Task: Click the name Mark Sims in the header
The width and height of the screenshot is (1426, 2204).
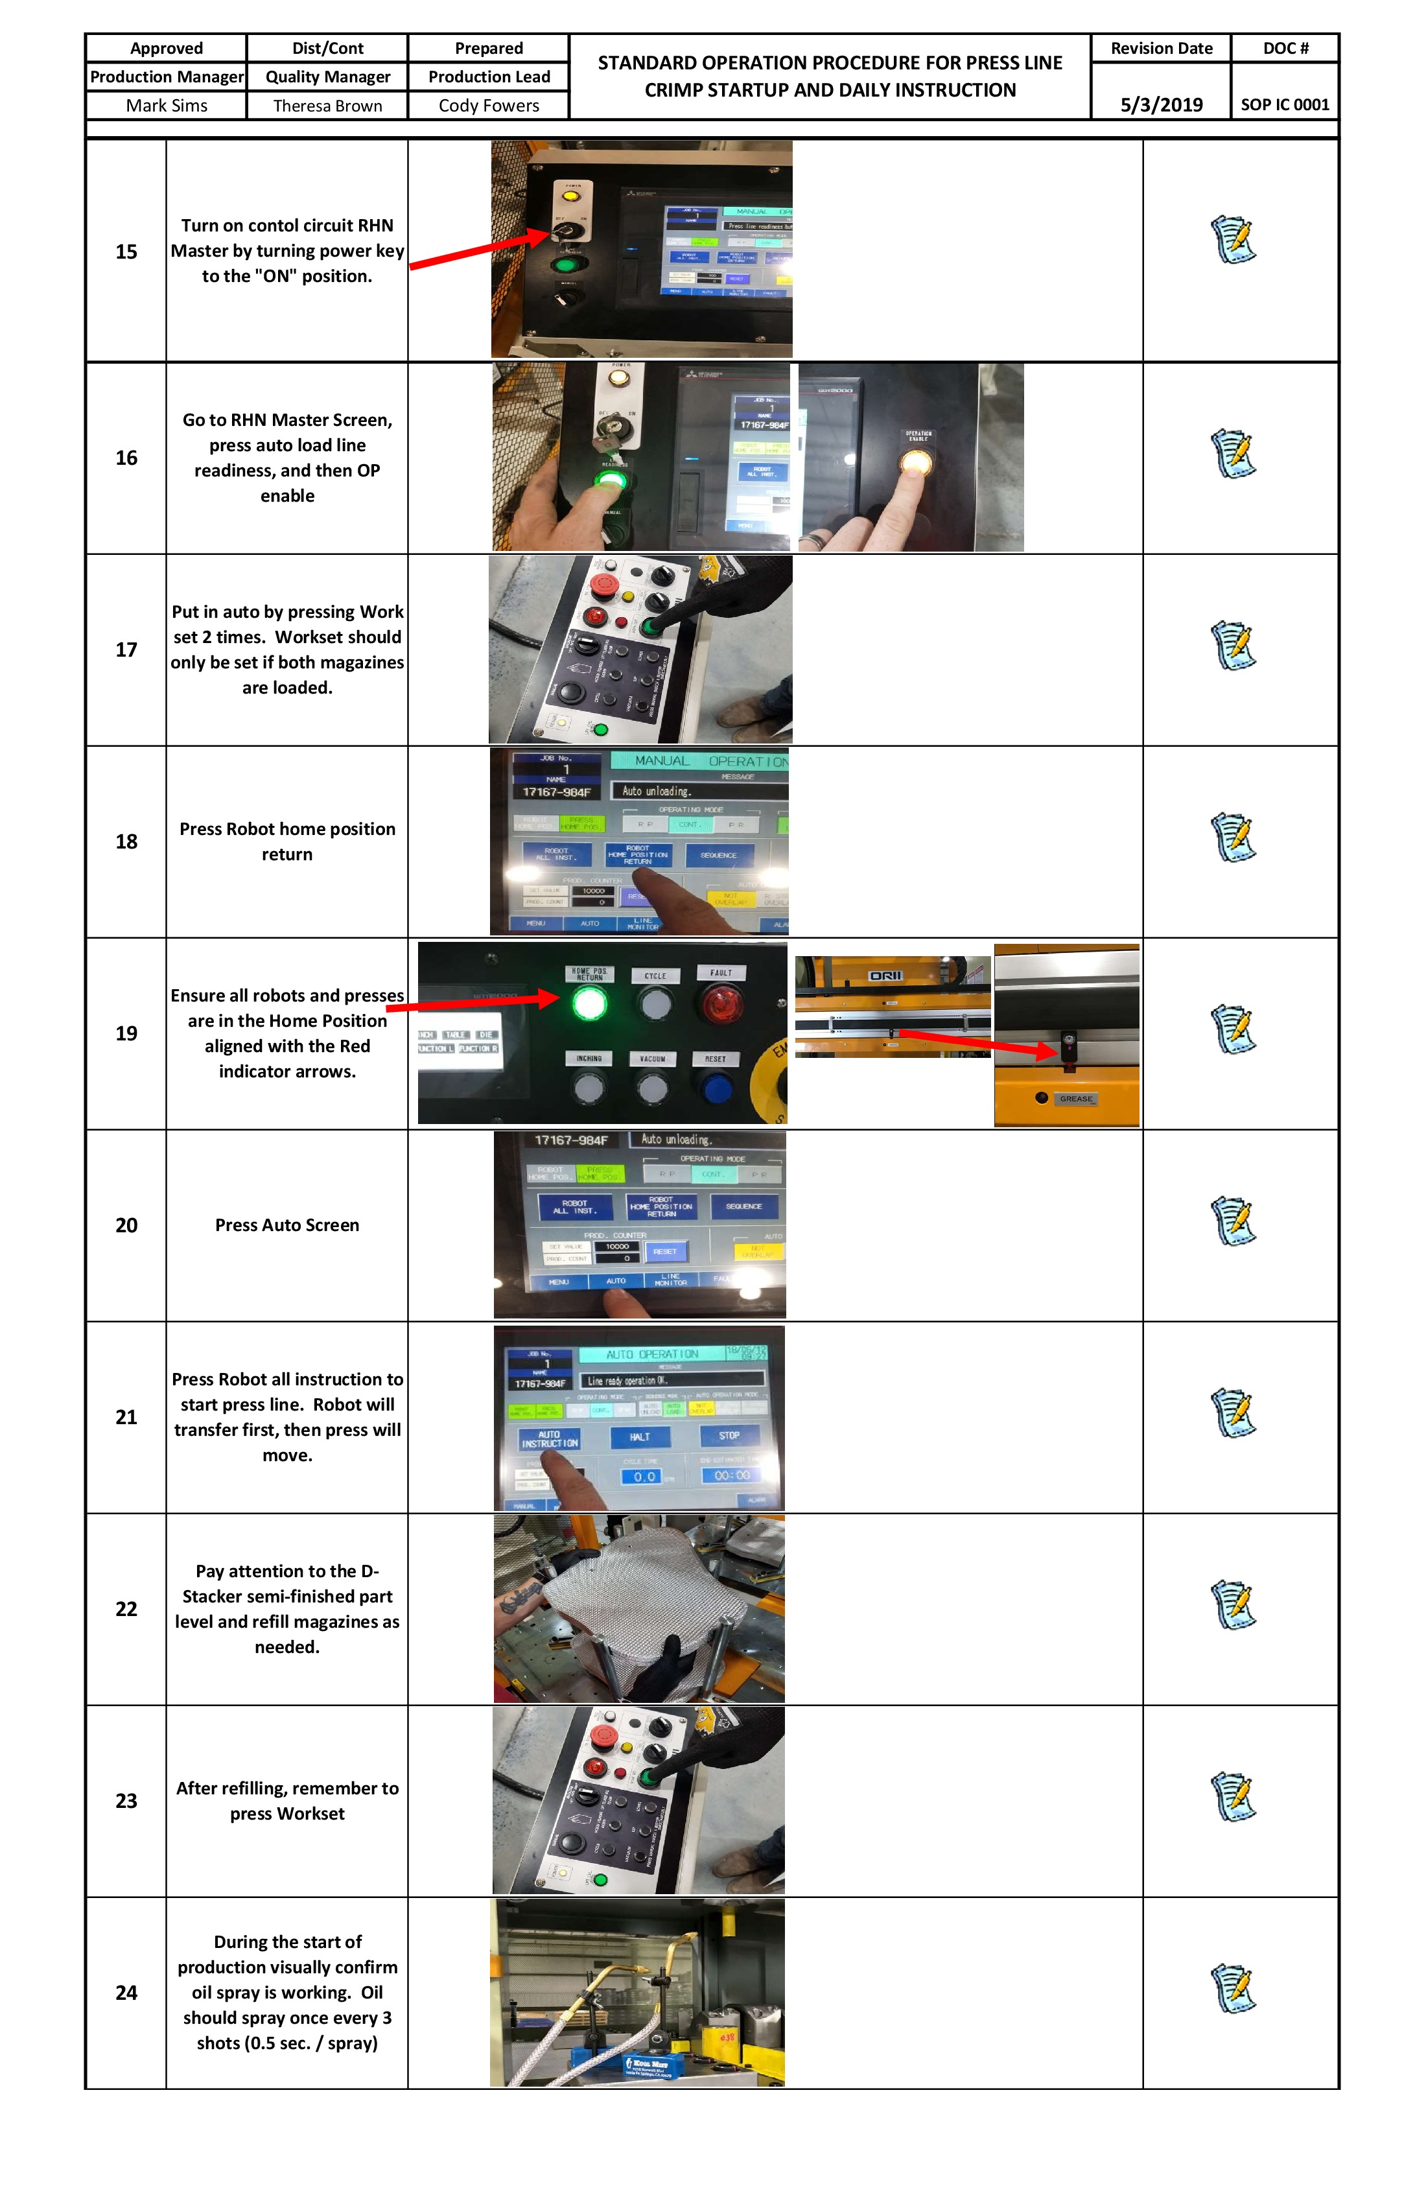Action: click(167, 106)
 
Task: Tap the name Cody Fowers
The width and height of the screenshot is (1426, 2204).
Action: click(488, 106)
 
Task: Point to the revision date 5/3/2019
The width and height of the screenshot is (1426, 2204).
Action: click(1161, 104)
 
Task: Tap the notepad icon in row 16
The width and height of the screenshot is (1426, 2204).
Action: click(1233, 454)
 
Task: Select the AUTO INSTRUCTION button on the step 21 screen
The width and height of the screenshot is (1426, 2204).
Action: click(549, 1439)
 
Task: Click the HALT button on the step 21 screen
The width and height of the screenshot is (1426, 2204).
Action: click(639, 1437)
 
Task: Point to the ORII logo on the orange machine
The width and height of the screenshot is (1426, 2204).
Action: click(885, 976)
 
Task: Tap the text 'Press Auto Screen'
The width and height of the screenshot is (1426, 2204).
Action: click(287, 1225)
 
